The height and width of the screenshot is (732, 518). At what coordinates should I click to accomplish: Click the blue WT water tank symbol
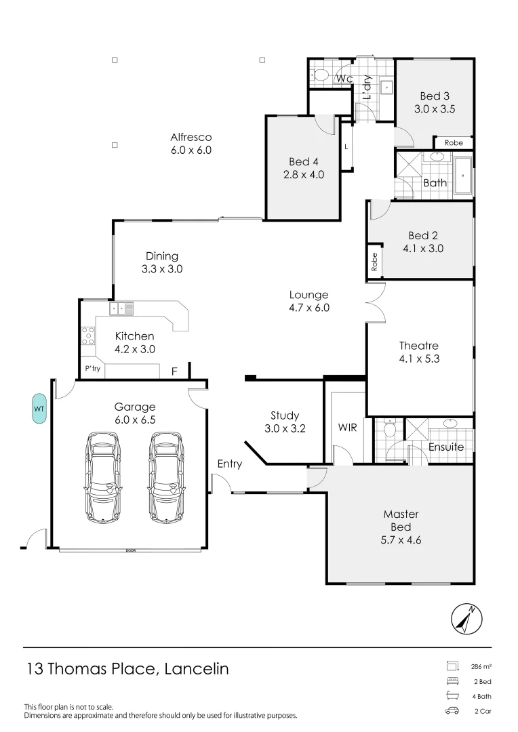point(39,409)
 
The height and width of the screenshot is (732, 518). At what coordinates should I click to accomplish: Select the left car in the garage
point(103,477)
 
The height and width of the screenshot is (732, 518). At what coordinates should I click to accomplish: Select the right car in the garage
point(167,477)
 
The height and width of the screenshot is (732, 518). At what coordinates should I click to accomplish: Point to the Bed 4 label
point(303,161)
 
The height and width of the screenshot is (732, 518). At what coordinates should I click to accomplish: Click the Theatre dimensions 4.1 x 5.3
point(419,359)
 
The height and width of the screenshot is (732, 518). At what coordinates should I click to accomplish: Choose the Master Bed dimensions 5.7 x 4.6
point(401,540)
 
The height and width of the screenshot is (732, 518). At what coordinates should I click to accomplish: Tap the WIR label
point(347,428)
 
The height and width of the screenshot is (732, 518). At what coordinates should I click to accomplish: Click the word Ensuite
point(445,447)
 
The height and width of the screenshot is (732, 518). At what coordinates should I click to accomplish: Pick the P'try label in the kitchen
point(92,369)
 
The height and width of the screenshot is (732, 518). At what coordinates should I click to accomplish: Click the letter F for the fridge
point(174,371)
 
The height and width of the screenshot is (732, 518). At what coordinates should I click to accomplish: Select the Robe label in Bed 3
point(454,143)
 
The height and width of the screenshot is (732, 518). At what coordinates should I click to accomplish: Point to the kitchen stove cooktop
point(87,336)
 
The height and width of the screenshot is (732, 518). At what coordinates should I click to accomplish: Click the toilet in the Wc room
point(322,75)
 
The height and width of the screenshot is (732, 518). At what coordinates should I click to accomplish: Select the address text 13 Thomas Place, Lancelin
point(127,669)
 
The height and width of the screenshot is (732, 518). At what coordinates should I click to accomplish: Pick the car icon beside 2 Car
point(452,711)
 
